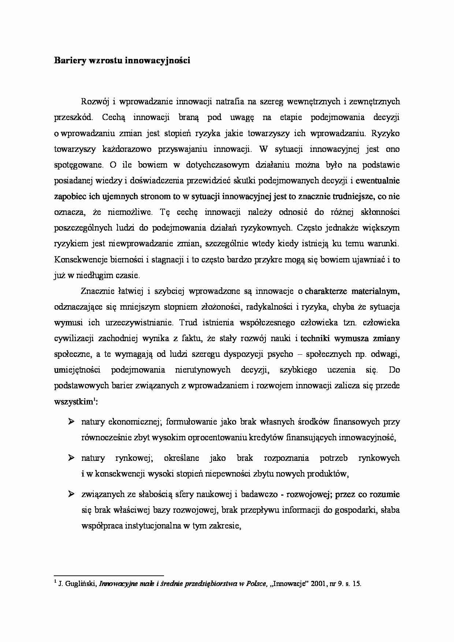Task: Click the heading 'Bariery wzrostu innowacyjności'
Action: (122, 61)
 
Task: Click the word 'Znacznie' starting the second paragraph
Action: (95, 291)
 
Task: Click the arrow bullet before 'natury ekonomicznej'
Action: (71, 422)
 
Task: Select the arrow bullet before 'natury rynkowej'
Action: (71, 458)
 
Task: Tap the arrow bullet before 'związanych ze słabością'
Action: (71, 494)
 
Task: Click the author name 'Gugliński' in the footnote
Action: (81, 584)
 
